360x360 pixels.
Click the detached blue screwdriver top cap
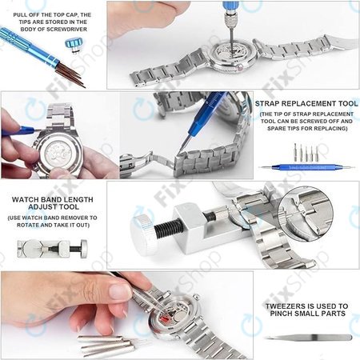(x=75, y=44)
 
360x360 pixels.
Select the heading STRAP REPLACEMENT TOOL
(x=305, y=103)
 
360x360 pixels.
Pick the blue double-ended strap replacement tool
(x=305, y=167)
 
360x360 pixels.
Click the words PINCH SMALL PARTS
(x=306, y=314)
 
